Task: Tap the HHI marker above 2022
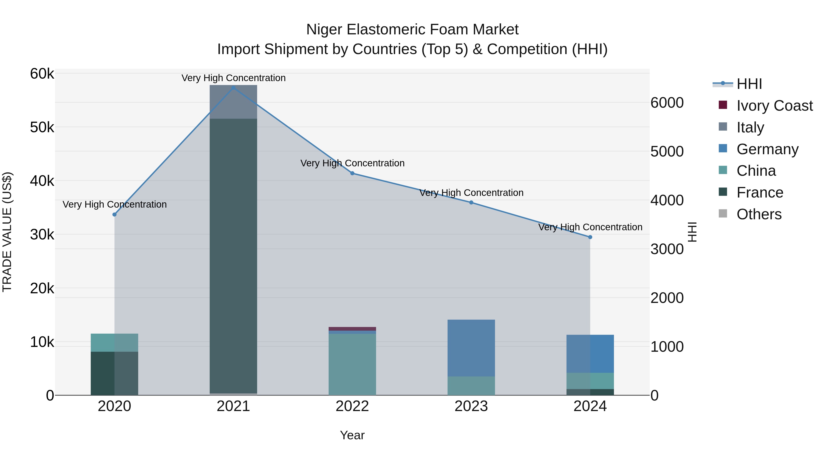click(x=352, y=173)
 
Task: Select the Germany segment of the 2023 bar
click(x=471, y=348)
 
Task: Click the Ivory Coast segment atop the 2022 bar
click(x=352, y=329)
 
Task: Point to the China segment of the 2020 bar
click(x=114, y=343)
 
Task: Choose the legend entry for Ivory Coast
click(x=774, y=106)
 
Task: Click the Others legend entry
click(x=759, y=214)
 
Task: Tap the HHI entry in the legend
click(x=749, y=84)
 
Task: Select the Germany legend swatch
click(x=723, y=148)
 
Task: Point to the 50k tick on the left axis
click(x=42, y=127)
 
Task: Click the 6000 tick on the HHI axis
click(x=667, y=103)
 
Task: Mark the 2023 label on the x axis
click(x=471, y=406)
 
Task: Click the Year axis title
click(x=352, y=435)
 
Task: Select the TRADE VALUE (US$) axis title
click(x=7, y=232)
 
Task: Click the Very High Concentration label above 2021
click(x=234, y=78)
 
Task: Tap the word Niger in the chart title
click(x=324, y=30)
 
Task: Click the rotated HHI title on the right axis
click(x=692, y=232)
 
